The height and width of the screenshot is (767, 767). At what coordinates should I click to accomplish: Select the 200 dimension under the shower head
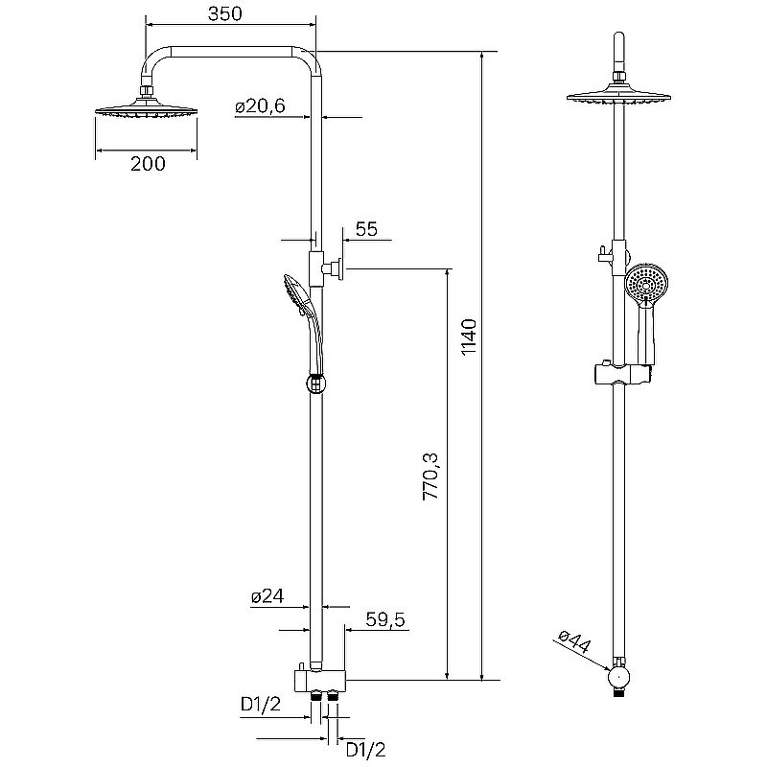(x=147, y=164)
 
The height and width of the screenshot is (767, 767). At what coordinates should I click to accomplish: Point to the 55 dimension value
(x=365, y=229)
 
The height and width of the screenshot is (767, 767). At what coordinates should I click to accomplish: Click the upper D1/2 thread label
(x=261, y=708)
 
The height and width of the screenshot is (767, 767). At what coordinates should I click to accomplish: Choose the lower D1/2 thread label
(x=365, y=749)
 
